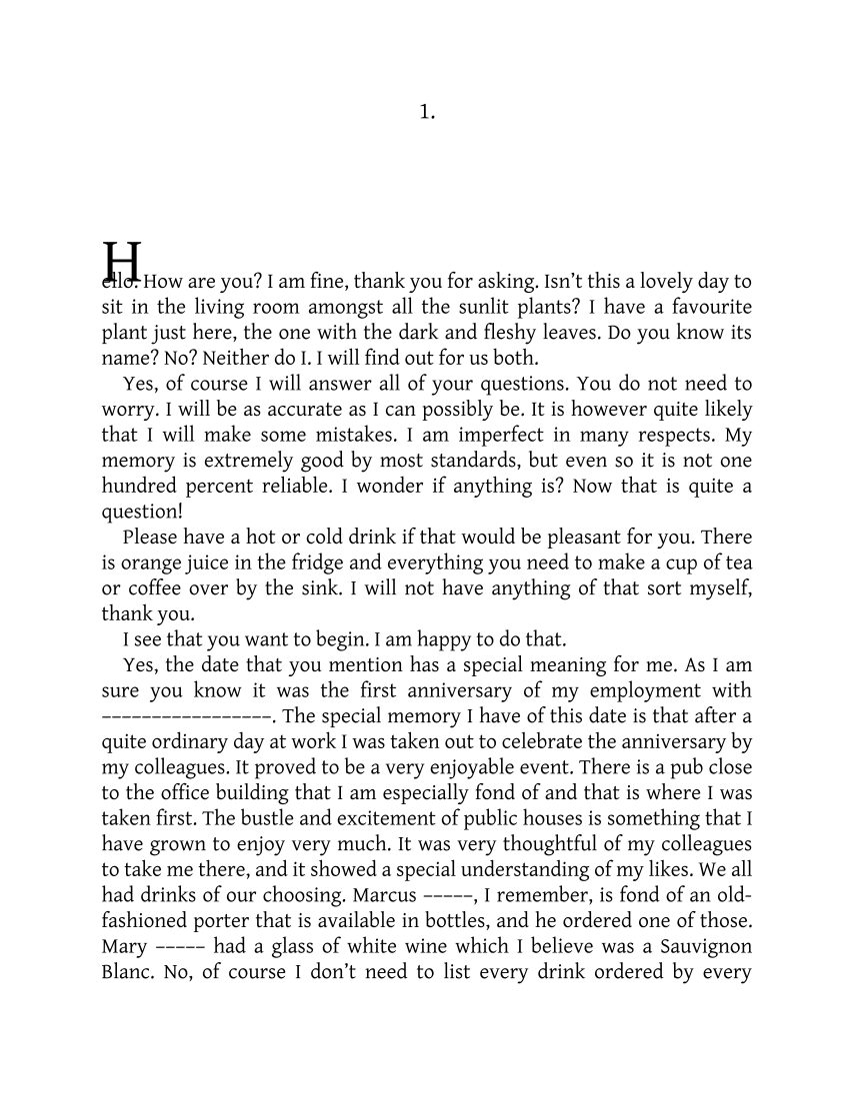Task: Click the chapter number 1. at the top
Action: click(x=427, y=113)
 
